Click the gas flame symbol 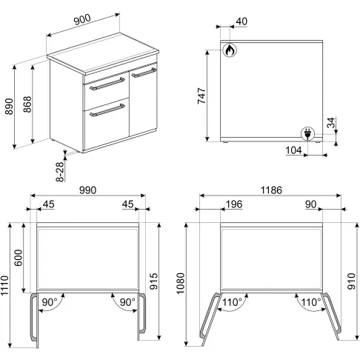230,50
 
